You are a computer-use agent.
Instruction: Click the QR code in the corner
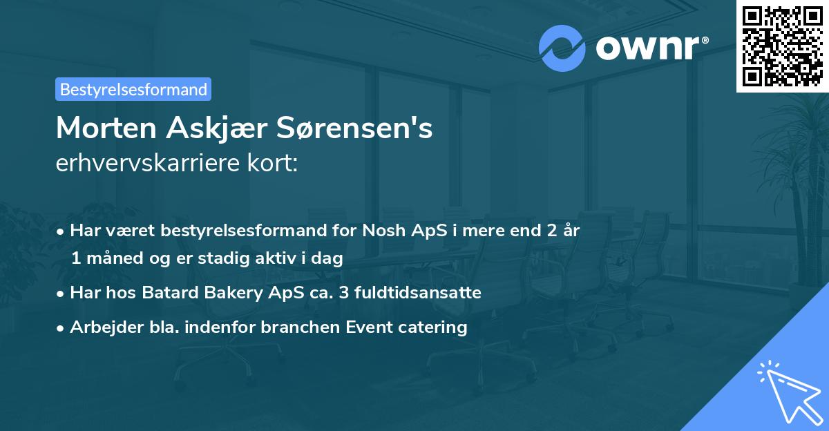click(782, 46)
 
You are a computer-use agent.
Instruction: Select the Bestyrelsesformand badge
click(133, 89)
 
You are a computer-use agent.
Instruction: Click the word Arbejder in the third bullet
click(102, 327)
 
